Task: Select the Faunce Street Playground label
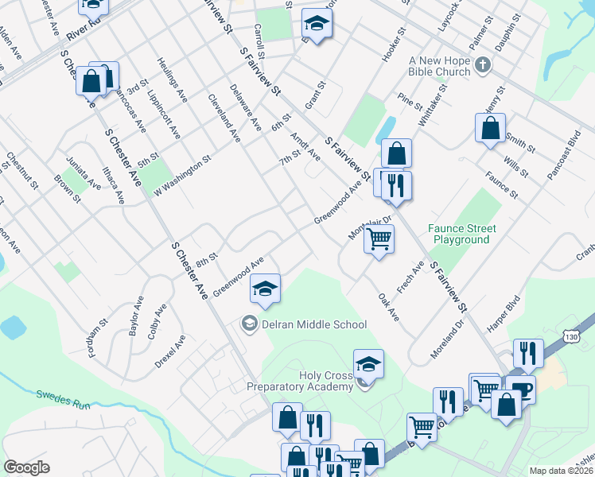pos(462,234)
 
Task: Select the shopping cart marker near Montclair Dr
pos(379,238)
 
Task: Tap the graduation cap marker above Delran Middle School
pos(266,289)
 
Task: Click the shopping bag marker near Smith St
pos(491,127)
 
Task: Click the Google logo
pos(26,467)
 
